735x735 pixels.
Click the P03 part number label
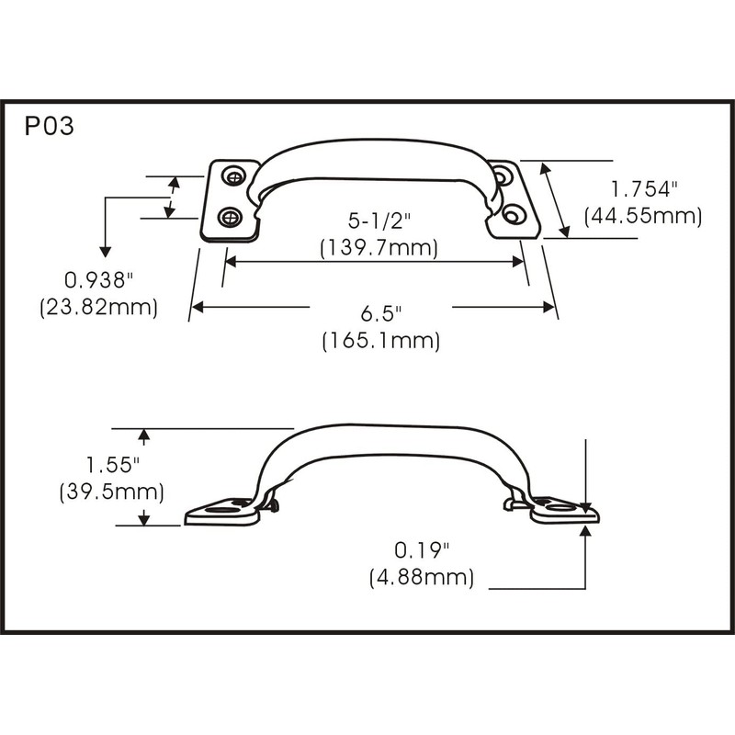click(x=49, y=127)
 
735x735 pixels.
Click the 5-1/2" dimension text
click(x=378, y=221)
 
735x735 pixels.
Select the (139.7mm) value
click(x=378, y=248)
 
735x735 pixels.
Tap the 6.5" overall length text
click(x=380, y=312)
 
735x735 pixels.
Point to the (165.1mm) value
click(x=380, y=340)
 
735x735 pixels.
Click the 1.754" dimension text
click(x=644, y=189)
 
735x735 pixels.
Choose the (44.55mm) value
click(x=643, y=216)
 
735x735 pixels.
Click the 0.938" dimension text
click(x=99, y=279)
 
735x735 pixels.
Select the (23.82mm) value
click(x=99, y=307)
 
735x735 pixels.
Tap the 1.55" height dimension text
click(x=112, y=464)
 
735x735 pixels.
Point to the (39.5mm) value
click(x=112, y=492)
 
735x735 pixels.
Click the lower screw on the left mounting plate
click(x=231, y=218)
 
